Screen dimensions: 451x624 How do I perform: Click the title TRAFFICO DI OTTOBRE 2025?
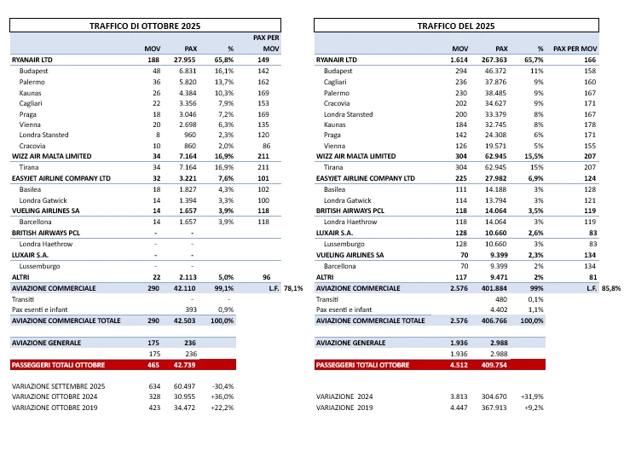pos(144,26)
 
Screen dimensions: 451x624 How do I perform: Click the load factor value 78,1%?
pos(294,289)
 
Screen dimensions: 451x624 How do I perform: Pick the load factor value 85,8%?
pos(610,289)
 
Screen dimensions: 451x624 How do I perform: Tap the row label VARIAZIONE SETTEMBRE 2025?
pos(59,386)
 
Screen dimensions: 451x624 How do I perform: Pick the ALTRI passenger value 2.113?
pos(188,278)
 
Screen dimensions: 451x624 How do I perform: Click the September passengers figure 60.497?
pos(188,386)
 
